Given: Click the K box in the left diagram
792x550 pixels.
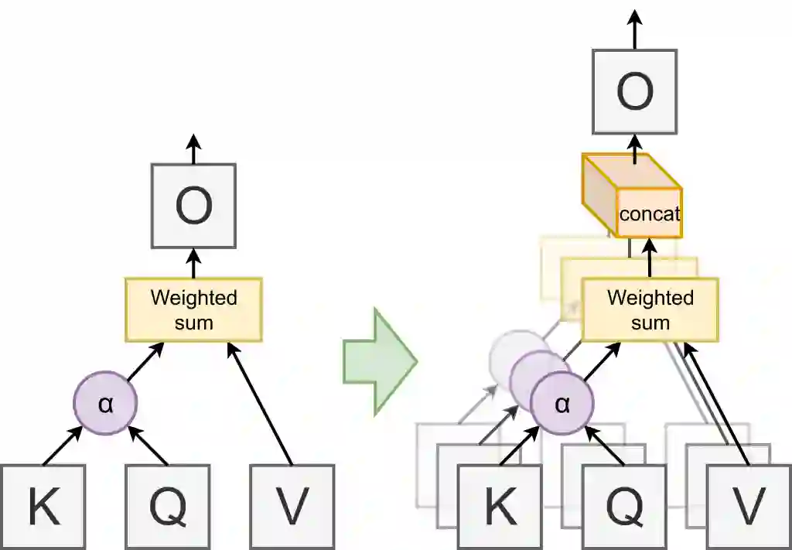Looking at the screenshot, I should [x=43, y=507].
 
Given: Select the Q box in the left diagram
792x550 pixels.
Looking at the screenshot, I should [x=167, y=507].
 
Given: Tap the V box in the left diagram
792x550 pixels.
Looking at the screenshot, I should [x=292, y=507].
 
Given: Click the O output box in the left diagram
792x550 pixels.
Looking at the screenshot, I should [x=193, y=206].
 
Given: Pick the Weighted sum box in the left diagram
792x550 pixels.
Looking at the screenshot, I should [x=193, y=309].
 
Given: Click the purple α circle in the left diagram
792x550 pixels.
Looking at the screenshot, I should [x=105, y=404].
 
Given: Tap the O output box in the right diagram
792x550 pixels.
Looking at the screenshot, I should [x=635, y=91].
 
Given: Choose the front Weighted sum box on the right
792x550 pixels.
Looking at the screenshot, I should [x=650, y=309].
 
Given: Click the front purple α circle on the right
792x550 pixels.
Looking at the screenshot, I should [x=562, y=405].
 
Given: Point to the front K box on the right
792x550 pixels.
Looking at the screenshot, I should [x=500, y=507].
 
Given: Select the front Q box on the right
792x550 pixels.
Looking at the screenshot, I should [x=624, y=507].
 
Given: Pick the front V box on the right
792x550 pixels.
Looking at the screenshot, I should [x=749, y=507].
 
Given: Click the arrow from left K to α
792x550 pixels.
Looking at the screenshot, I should [x=62, y=446].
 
